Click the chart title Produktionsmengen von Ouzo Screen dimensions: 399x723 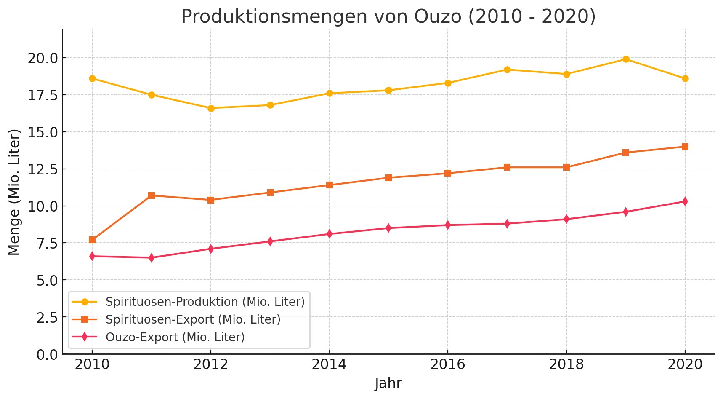388,17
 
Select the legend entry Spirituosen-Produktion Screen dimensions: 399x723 205,302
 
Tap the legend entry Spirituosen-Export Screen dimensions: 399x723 193,319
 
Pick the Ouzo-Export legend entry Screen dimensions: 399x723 175,337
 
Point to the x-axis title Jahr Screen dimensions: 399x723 388,383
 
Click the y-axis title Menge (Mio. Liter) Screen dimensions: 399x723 15,192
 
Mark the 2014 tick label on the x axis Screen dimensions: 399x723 329,364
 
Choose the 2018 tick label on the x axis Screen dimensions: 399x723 566,364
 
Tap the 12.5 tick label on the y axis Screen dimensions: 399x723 43,169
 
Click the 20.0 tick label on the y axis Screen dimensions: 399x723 43,58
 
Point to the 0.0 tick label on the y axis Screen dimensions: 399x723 47,355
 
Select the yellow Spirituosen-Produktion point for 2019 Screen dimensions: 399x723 626,59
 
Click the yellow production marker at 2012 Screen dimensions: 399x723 211,108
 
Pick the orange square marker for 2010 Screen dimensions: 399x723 92,240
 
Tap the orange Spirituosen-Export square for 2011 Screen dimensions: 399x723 152,195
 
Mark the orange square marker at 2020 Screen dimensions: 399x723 685,147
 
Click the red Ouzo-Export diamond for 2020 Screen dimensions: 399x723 685,201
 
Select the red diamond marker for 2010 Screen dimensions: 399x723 92,256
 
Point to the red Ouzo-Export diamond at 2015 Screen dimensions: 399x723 388,228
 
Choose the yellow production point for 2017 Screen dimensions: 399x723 507,70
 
